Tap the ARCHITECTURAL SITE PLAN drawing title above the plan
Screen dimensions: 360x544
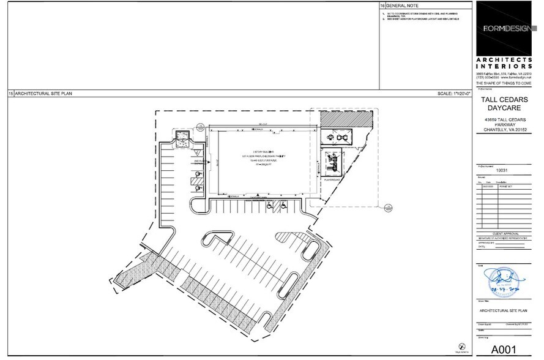tap(39, 94)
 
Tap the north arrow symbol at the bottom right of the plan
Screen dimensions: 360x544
tap(455, 344)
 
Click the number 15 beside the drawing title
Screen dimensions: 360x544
tap(10, 94)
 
